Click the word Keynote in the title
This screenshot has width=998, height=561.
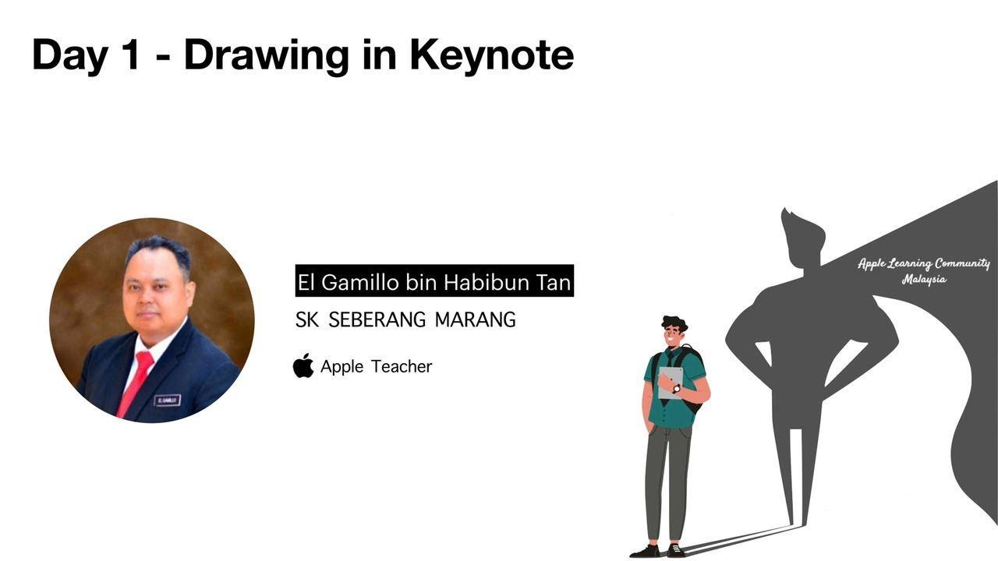pyautogui.click(x=491, y=55)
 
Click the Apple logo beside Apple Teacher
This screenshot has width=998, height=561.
pyautogui.click(x=303, y=365)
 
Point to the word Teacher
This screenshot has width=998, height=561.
pyautogui.click(x=402, y=366)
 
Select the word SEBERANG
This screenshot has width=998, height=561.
pyautogui.click(x=377, y=319)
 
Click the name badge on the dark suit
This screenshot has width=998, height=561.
pyautogui.click(x=168, y=400)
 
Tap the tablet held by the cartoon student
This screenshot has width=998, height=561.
pyautogui.click(x=670, y=382)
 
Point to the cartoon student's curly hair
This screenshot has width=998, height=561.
pyautogui.click(x=674, y=323)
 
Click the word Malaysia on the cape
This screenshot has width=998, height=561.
pyautogui.click(x=924, y=280)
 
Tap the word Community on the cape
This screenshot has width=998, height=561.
pyautogui.click(x=962, y=264)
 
